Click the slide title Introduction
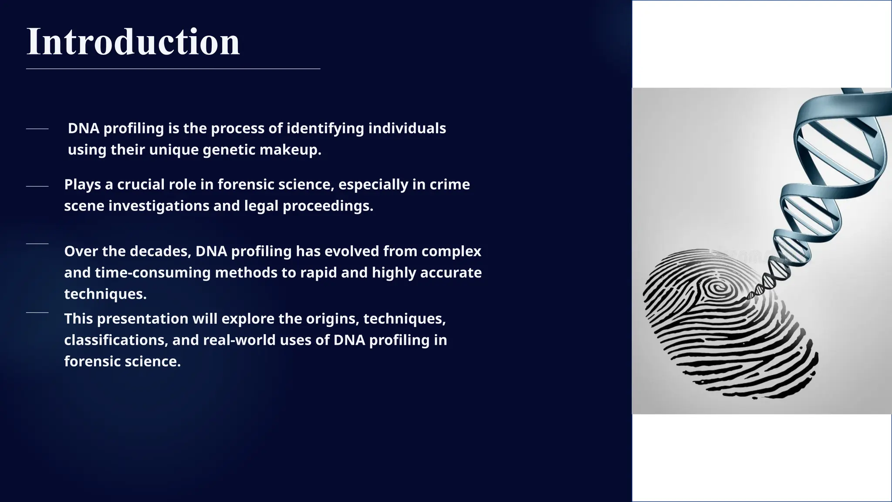(x=133, y=42)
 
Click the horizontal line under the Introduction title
(x=173, y=69)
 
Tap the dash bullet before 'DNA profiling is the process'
(x=37, y=129)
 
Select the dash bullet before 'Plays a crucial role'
(x=37, y=187)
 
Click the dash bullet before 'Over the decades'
(x=37, y=244)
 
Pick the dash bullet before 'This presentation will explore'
(x=37, y=312)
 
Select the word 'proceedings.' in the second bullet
(x=328, y=206)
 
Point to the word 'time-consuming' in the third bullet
(x=152, y=273)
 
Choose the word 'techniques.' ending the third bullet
(x=105, y=294)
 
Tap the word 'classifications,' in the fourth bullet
(x=116, y=340)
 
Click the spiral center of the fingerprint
(x=716, y=287)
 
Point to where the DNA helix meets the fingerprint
(x=750, y=296)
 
